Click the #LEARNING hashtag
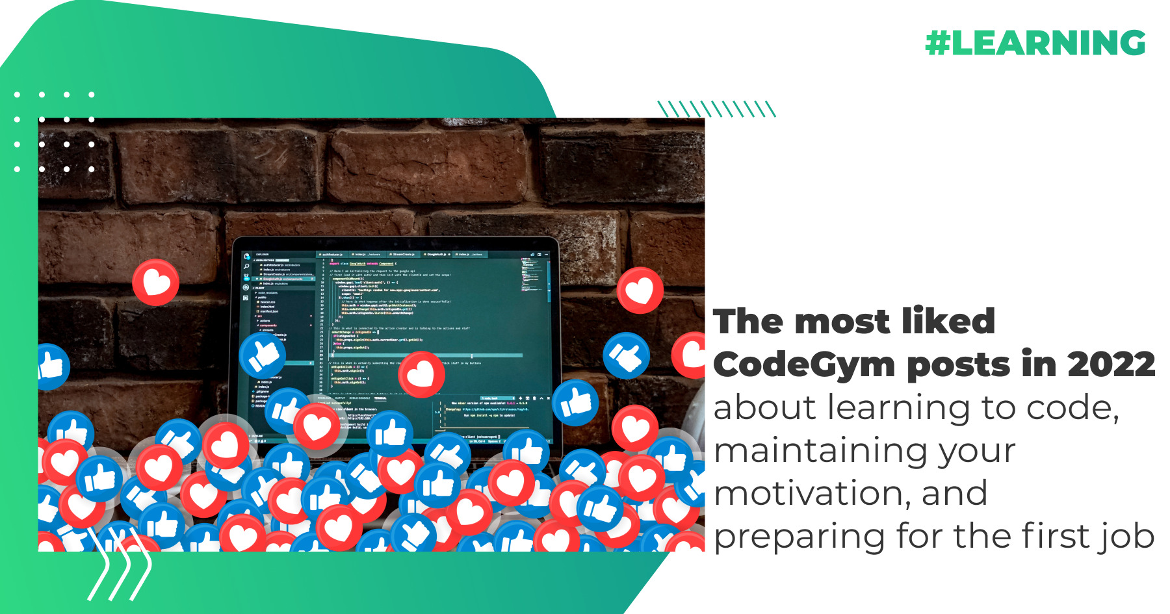(x=1035, y=43)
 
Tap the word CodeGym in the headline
(x=804, y=365)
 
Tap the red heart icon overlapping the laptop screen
(x=421, y=374)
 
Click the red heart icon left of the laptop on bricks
(x=156, y=282)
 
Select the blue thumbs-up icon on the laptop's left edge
(x=262, y=355)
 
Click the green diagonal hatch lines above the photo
(x=717, y=109)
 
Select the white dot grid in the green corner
(x=55, y=132)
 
